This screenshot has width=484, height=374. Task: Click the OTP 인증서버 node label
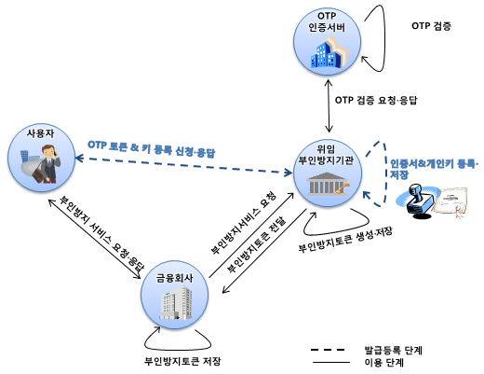327,21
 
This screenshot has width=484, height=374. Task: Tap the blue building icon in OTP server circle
329,53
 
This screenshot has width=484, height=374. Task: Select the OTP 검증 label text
431,26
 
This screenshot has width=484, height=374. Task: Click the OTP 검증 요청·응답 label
376,100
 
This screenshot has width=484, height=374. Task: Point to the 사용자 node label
41,133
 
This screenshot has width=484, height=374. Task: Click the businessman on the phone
47,164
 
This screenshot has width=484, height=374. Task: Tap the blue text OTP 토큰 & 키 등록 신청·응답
152,149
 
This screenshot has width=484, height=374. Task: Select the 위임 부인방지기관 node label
326,155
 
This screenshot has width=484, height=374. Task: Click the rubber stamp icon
418,201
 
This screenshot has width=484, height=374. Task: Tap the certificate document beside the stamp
450,202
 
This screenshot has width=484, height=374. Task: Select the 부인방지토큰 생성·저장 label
345,240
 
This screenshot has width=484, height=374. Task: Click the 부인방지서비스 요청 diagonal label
243,223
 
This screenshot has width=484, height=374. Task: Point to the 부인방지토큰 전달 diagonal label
257,244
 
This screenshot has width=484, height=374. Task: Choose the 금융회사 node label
174,278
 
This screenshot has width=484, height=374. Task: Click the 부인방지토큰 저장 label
182,361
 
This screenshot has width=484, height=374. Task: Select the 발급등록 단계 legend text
394,351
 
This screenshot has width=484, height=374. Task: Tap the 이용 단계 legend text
384,363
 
